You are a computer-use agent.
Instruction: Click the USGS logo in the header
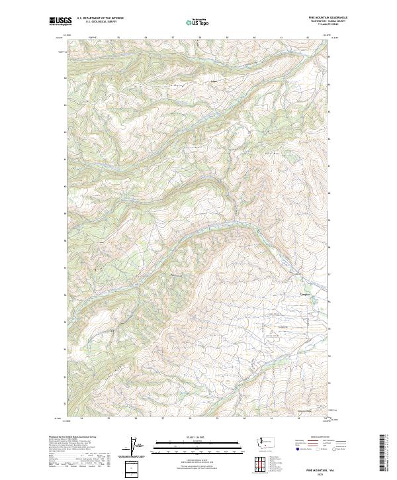tap(59, 21)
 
